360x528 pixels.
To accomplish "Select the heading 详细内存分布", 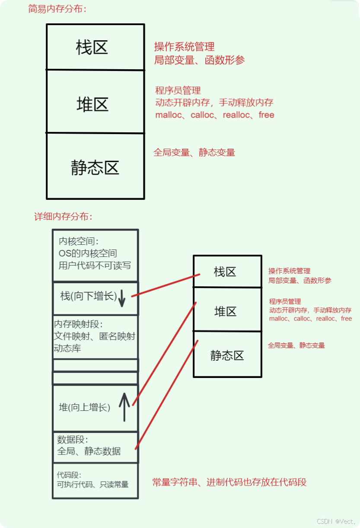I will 63,217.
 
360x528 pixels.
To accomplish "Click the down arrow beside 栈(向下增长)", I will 122,297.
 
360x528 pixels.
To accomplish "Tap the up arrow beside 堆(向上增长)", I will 124,406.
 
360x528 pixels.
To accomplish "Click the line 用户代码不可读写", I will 95,266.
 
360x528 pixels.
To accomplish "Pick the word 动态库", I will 67,348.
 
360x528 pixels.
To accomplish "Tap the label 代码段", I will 69,475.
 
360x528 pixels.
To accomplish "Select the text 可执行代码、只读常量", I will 93,484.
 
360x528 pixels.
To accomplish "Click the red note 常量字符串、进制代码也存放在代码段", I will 229,482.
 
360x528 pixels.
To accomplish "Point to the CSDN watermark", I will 335,521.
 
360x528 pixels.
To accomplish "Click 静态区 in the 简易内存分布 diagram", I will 95,168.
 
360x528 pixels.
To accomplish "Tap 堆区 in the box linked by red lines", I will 226,311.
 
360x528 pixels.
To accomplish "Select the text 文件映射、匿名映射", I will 94,336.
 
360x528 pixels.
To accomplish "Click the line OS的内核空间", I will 88,253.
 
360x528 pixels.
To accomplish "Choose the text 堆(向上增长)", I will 84,407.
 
